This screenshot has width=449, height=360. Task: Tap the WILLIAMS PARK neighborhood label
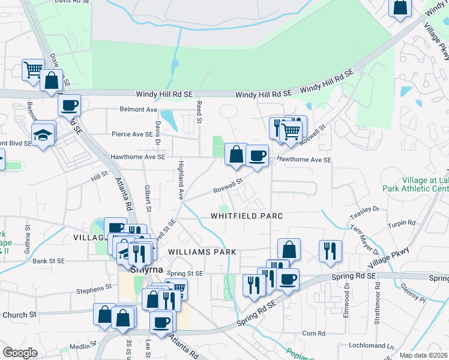point(202,252)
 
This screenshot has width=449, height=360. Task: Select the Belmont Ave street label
point(138,110)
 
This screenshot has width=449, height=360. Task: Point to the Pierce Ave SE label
point(133,134)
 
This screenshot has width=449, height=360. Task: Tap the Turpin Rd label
point(402,223)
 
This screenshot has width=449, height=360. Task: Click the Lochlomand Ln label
point(373,346)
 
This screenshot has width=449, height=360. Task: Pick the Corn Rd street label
point(313,333)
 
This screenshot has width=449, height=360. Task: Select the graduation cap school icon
point(44,135)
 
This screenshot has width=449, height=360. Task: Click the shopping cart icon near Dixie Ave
point(33,70)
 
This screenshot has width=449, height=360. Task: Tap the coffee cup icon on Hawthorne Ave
point(257,156)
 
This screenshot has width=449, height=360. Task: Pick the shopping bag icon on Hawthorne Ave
point(236,155)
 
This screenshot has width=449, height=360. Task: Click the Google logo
point(20,353)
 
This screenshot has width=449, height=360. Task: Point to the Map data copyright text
point(424,355)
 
